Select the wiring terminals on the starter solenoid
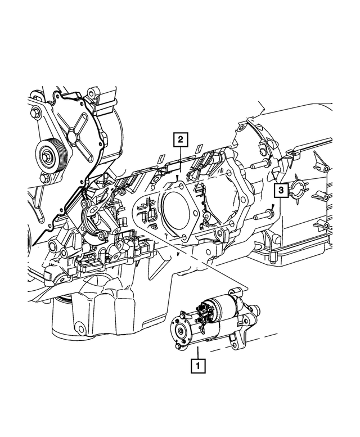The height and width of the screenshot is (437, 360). [205, 308]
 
